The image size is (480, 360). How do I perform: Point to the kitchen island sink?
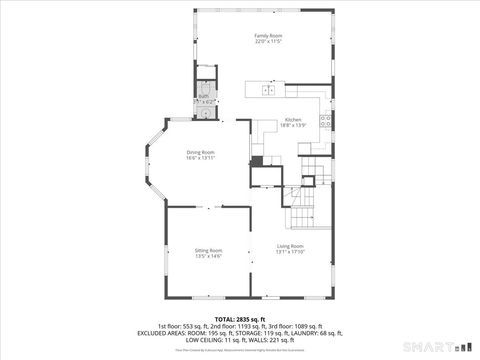268,90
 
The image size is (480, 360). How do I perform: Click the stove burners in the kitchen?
326,122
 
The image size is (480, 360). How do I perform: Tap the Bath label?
203,96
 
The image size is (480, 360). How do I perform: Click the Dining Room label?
200,152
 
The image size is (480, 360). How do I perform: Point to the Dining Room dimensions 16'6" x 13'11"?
200,159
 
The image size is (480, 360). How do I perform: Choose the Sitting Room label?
208,250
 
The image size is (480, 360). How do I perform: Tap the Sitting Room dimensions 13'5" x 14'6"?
208,257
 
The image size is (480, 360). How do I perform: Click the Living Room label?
290,246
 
